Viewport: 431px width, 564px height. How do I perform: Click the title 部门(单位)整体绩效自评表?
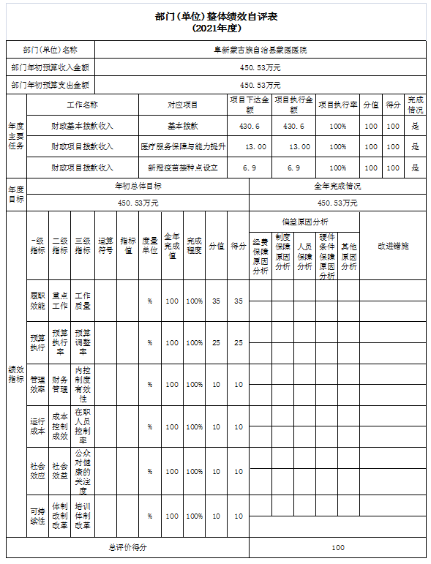(x=215, y=16)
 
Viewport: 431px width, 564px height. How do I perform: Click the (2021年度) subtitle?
(x=215, y=28)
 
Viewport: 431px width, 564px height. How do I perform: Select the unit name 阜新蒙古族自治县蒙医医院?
(x=260, y=50)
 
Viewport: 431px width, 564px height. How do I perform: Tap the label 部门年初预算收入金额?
(x=50, y=67)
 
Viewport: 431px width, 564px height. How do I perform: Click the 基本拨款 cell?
(x=183, y=126)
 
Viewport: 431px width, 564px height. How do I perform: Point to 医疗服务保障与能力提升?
(x=183, y=146)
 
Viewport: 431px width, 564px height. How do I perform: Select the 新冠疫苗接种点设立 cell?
(x=183, y=168)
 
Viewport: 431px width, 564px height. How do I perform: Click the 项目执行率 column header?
(x=337, y=105)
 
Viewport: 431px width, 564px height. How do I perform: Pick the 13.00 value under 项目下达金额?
(x=250, y=146)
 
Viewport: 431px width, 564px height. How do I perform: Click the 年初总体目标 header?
(x=138, y=186)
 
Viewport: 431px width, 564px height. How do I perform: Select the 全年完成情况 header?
(x=337, y=186)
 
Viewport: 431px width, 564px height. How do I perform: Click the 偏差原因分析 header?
(x=304, y=221)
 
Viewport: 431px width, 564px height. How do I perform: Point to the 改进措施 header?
(x=393, y=246)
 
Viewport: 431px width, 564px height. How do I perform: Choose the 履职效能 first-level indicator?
(x=37, y=301)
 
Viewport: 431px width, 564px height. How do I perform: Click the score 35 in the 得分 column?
(x=238, y=301)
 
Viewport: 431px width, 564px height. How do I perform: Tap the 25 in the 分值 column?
(x=216, y=342)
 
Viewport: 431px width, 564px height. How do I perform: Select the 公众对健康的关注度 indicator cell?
(x=83, y=471)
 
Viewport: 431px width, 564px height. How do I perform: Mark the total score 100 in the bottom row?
(x=337, y=547)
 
